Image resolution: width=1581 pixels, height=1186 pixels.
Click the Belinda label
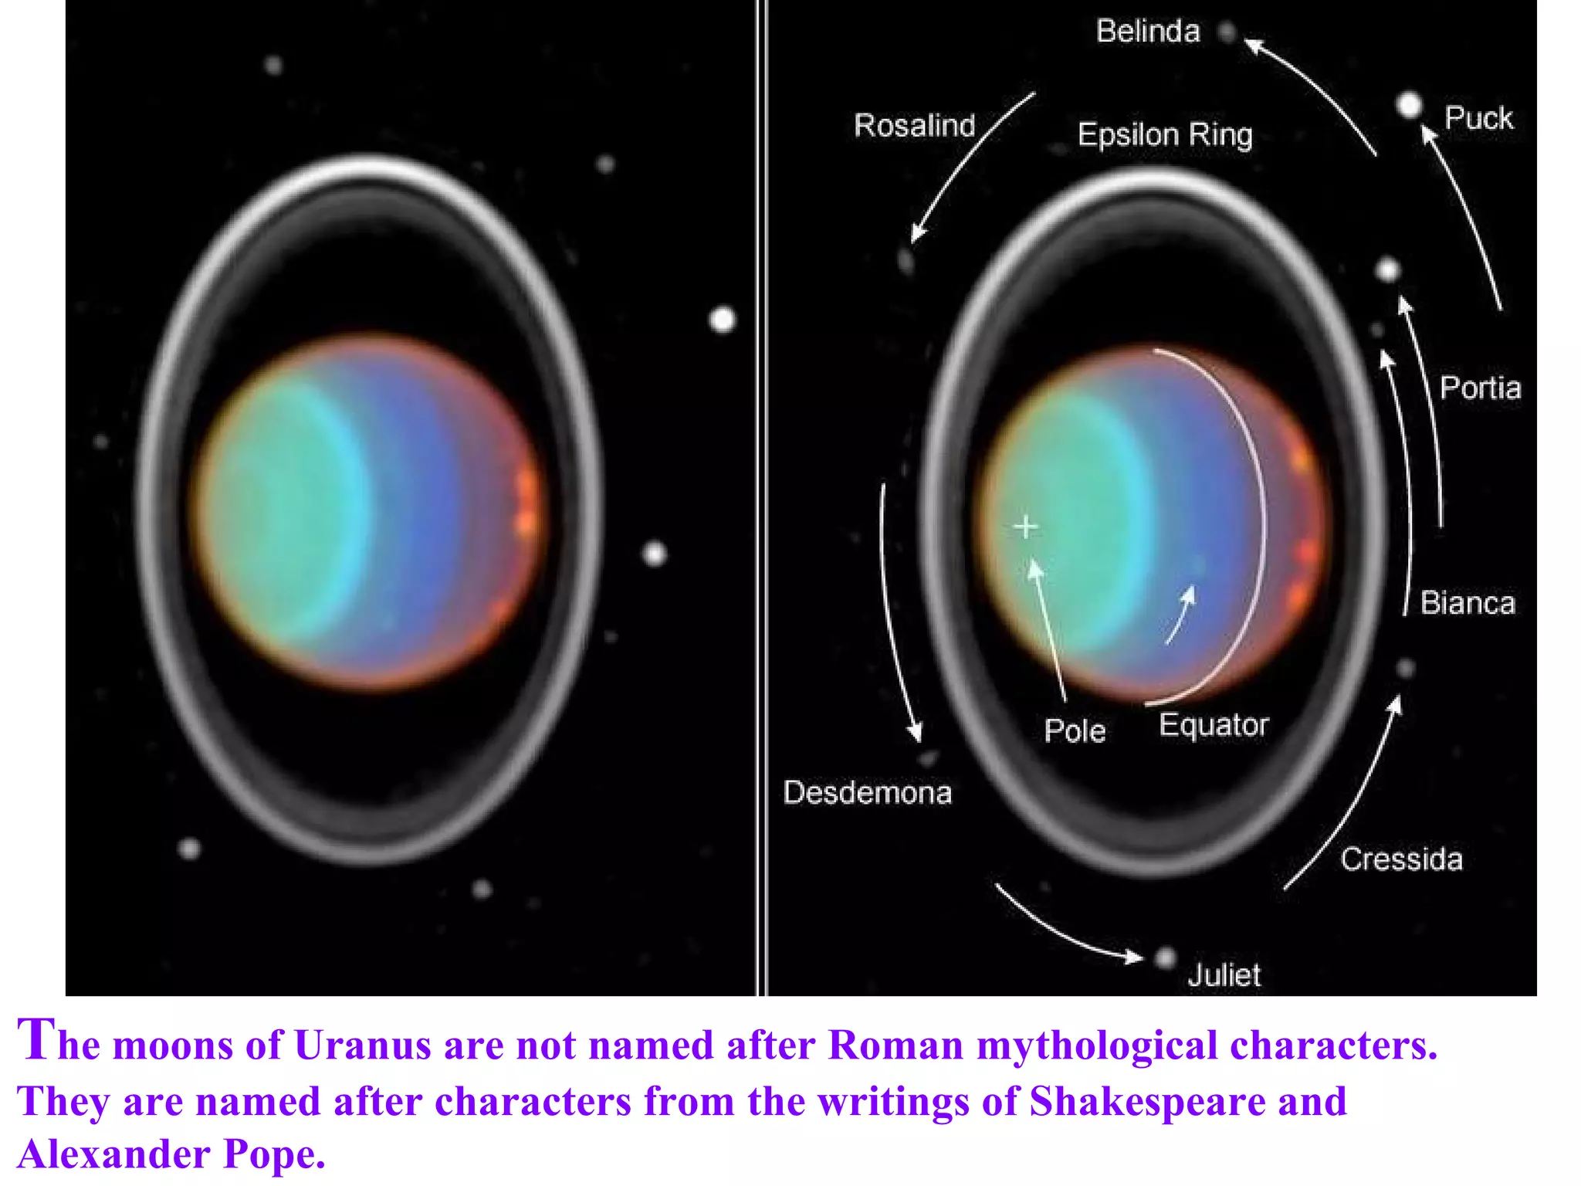[1148, 32]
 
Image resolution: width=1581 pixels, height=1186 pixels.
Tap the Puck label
[1478, 118]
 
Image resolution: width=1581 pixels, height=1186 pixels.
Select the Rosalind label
[915, 125]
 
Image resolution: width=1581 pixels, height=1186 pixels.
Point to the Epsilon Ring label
[1165, 135]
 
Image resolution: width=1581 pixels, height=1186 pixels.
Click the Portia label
[1480, 388]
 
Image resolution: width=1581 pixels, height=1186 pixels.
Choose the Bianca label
[1468, 603]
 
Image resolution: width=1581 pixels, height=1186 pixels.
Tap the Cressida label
[1401, 859]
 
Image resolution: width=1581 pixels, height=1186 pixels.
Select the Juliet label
[1224, 975]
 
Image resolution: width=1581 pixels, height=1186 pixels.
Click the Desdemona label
[867, 793]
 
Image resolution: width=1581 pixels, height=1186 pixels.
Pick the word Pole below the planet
[1075, 730]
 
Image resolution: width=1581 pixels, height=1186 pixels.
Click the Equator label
[1214, 725]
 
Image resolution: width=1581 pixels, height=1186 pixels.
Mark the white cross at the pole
[1026, 527]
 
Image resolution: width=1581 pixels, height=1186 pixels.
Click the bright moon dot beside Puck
[1410, 105]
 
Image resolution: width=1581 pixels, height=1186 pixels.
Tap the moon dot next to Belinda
[1227, 32]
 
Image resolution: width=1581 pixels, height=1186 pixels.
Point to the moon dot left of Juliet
[1165, 958]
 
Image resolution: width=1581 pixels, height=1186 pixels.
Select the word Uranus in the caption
[362, 1045]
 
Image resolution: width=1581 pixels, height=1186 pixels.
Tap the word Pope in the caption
[274, 1155]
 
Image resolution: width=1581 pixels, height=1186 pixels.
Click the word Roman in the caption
[895, 1045]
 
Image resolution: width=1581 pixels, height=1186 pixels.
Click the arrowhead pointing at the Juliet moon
[1135, 957]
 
